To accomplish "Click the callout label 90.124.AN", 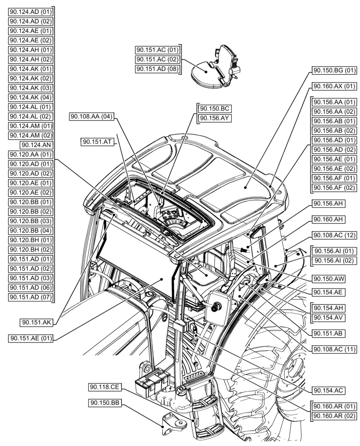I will [36, 145].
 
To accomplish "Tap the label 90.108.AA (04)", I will [92, 116].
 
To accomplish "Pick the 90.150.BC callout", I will [215, 108].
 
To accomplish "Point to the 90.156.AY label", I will [215, 118].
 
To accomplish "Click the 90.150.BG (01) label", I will [334, 70].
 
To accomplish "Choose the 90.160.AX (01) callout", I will [334, 86].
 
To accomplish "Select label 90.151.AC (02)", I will [157, 59].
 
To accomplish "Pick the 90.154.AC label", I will [327, 390].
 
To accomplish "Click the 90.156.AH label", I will [327, 203].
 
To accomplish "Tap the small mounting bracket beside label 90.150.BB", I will [172, 426].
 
